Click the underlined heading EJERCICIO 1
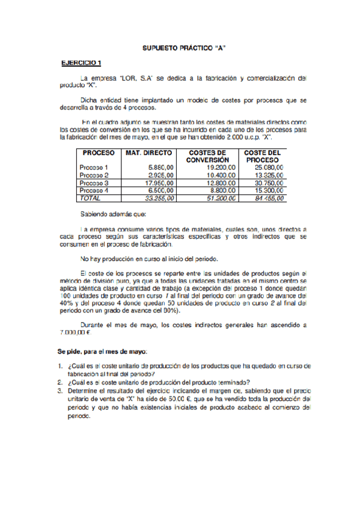coord(82,63)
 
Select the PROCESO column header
coord(99,153)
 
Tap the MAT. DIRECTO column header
coord(149,153)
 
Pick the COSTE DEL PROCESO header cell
coord(264,156)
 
